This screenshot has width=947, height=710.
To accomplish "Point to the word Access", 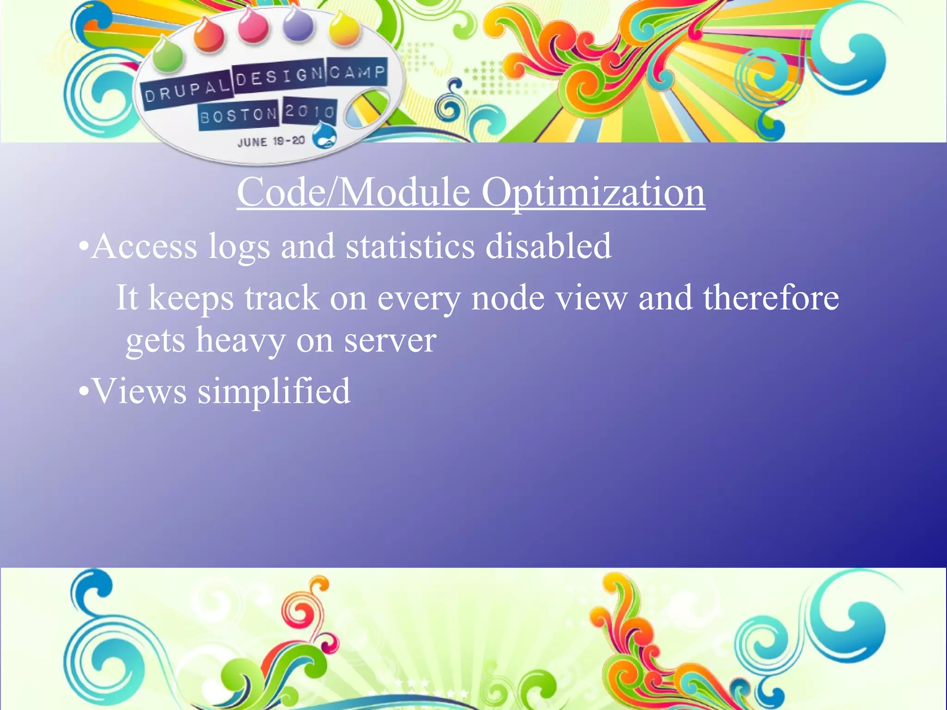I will tap(145, 246).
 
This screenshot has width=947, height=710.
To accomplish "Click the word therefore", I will tap(771, 298).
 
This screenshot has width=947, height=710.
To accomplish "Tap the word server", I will tap(390, 341).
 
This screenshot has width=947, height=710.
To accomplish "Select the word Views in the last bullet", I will tap(140, 392).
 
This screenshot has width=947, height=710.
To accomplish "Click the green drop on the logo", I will tap(167, 55).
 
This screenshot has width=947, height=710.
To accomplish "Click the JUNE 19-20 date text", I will tap(271, 141).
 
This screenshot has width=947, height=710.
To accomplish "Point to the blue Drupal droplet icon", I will tap(324, 136).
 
